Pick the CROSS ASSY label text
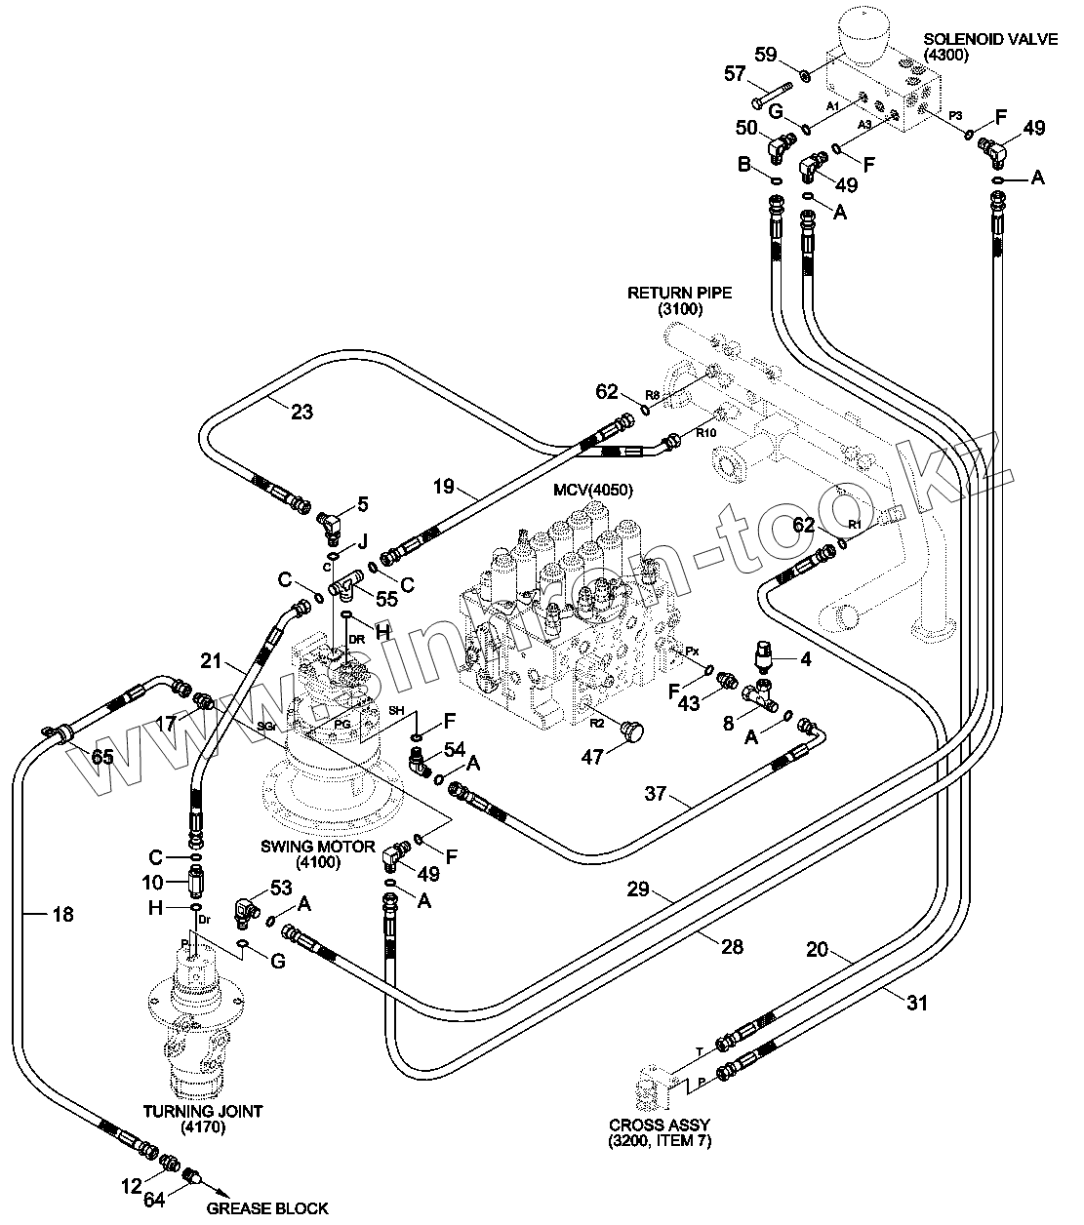click(x=659, y=1132)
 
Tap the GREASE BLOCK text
click(x=266, y=1208)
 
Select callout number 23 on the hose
click(x=301, y=412)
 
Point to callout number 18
click(x=61, y=914)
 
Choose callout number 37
click(x=656, y=794)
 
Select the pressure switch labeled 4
click(x=764, y=657)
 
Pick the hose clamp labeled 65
click(x=60, y=731)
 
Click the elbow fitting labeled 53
click(x=247, y=909)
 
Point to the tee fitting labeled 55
click(x=343, y=585)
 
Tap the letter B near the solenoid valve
click(x=745, y=166)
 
